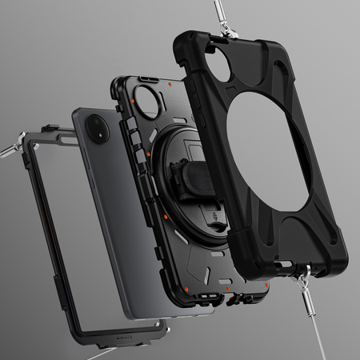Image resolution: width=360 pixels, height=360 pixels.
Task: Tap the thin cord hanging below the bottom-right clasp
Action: coord(320,336)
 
